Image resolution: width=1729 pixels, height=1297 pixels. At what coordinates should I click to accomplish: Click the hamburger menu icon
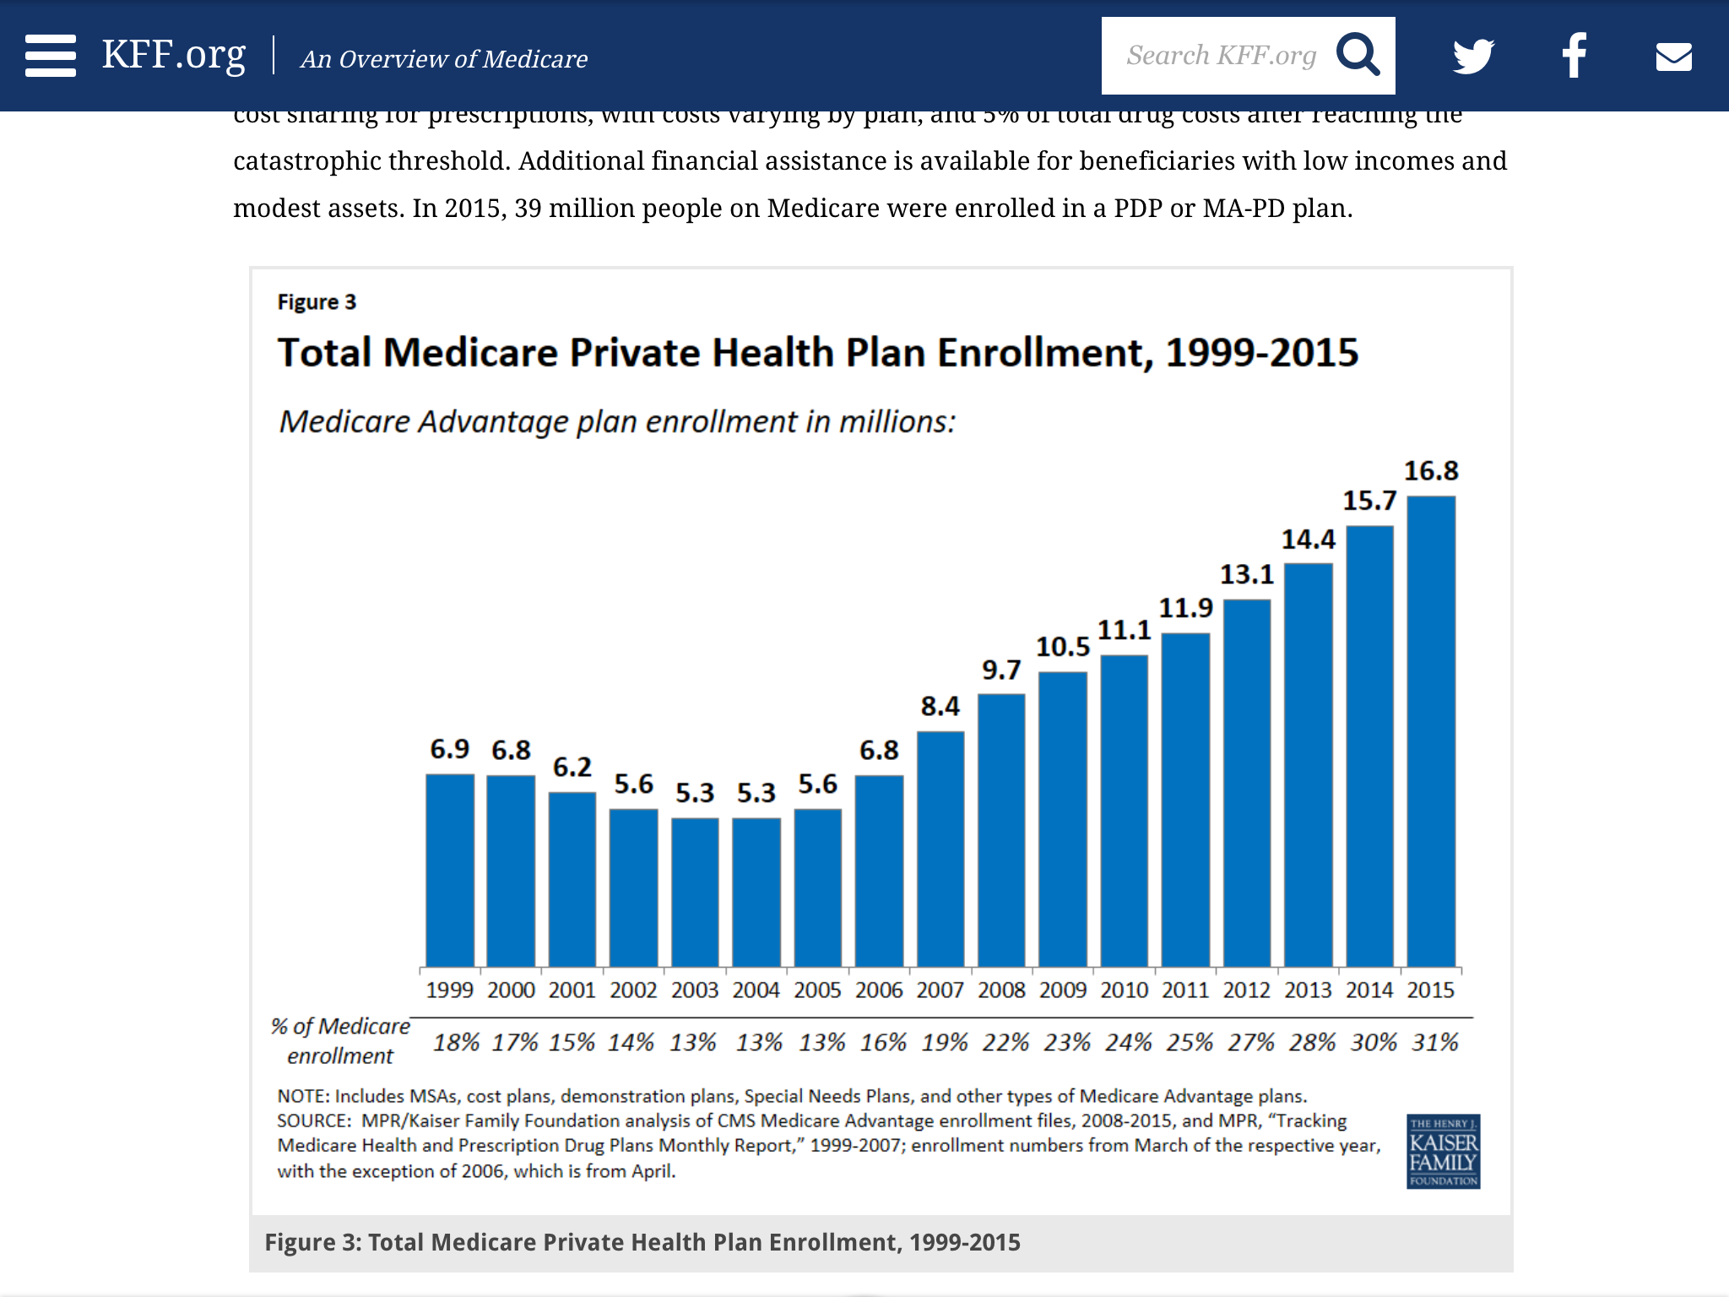point(51,56)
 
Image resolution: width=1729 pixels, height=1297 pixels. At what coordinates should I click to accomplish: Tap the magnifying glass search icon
point(1358,56)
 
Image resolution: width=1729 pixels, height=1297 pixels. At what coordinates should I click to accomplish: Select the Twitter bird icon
point(1473,57)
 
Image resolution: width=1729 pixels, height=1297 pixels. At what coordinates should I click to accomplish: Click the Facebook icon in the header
point(1575,56)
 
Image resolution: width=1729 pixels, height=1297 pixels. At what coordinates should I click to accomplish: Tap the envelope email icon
point(1673,57)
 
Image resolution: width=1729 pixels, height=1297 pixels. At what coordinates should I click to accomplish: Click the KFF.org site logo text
point(174,56)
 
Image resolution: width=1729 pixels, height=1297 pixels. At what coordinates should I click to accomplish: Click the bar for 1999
point(450,870)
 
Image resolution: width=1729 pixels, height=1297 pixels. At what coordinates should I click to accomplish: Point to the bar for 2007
point(940,849)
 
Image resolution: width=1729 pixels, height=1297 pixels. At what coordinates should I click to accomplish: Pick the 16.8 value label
point(1431,471)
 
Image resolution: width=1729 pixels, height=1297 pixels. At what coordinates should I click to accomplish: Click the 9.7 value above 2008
point(1001,670)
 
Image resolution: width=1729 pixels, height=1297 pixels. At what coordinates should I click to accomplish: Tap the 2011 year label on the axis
point(1185,990)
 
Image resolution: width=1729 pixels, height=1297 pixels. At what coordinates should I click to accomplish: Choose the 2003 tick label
point(695,990)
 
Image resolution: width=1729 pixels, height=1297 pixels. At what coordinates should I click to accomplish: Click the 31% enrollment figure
point(1435,1043)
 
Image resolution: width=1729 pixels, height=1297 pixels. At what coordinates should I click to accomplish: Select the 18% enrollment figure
point(456,1043)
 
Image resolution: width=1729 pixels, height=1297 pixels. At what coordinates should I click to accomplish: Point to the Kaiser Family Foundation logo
point(1443,1151)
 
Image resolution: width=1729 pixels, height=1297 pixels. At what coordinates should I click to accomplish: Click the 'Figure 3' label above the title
point(317,302)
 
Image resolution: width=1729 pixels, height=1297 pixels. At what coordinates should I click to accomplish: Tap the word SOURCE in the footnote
point(312,1121)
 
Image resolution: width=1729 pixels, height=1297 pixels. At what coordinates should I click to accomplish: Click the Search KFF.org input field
point(1220,56)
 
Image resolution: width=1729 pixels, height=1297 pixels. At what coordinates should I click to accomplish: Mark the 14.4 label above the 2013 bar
point(1309,540)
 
